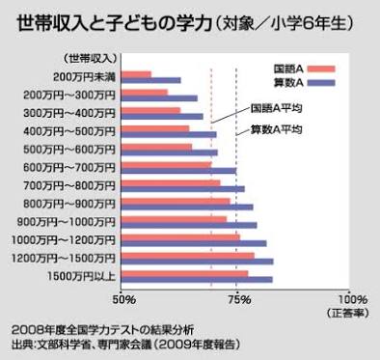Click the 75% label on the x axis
tap(237, 298)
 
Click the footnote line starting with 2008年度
tap(102, 329)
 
